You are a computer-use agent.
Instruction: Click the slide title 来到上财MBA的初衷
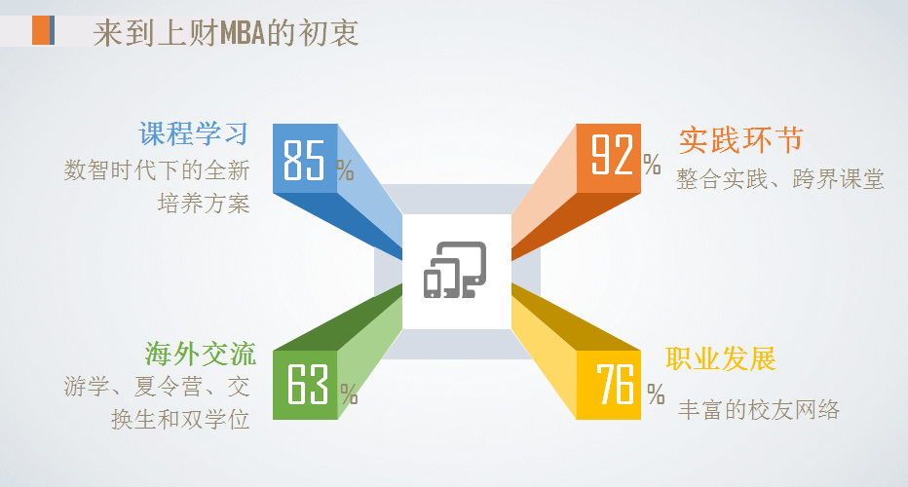[x=226, y=32]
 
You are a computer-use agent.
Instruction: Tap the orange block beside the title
[x=42, y=31]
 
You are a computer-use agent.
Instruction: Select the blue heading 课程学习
[x=193, y=134]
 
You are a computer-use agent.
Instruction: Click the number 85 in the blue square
[x=303, y=160]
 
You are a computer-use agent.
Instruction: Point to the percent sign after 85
[x=346, y=170]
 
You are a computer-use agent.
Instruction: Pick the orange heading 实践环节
[x=740, y=139]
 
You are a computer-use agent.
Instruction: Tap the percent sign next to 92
[x=652, y=164]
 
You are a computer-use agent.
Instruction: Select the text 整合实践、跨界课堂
[x=780, y=179]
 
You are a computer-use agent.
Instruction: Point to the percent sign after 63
[x=349, y=394]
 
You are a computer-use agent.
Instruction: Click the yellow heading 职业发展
[x=721, y=358]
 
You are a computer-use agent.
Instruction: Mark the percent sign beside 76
[x=656, y=393]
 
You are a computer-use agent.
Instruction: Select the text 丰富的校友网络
[x=758, y=409]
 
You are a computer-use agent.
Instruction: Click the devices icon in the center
[x=455, y=269]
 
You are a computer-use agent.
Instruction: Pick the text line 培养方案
[x=204, y=205]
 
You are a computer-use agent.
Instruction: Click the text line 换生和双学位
[x=181, y=420]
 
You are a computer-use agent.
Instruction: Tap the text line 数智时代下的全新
[x=157, y=170]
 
